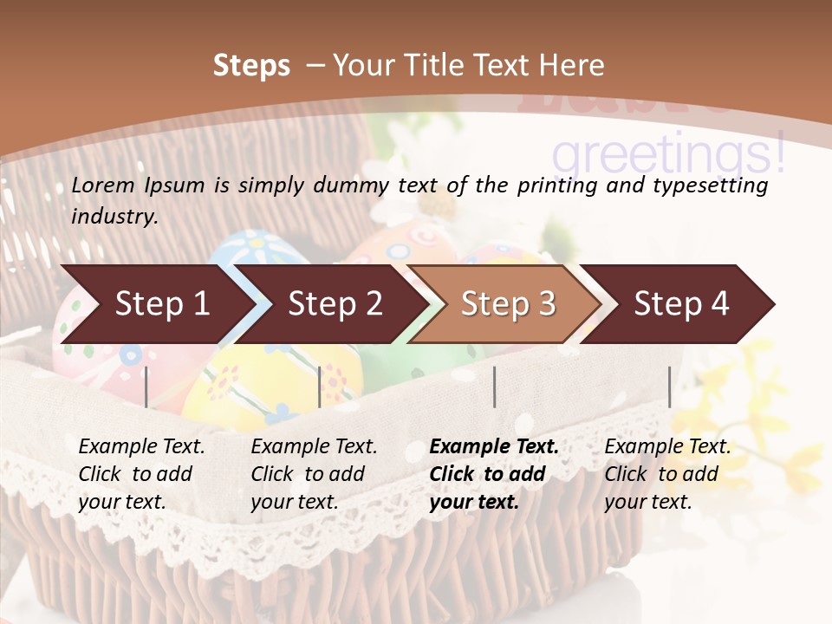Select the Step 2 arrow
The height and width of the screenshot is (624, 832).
(x=335, y=304)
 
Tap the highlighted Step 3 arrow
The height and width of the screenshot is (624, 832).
(x=508, y=304)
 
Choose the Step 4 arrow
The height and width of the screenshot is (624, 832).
(x=681, y=304)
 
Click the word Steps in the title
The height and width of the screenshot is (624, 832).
(x=251, y=66)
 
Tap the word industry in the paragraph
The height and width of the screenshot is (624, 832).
(x=114, y=216)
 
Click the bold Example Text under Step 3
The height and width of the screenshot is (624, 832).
(x=494, y=473)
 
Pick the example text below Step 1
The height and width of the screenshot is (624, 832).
(x=141, y=473)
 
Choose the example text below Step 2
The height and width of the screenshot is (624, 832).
(x=314, y=473)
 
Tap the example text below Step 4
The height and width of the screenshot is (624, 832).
(x=667, y=473)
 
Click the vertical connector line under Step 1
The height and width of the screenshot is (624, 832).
(x=146, y=387)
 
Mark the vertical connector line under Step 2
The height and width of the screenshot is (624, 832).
(x=320, y=387)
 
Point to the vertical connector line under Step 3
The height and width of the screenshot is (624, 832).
(x=494, y=387)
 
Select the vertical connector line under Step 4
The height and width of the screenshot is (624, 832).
(x=669, y=387)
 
